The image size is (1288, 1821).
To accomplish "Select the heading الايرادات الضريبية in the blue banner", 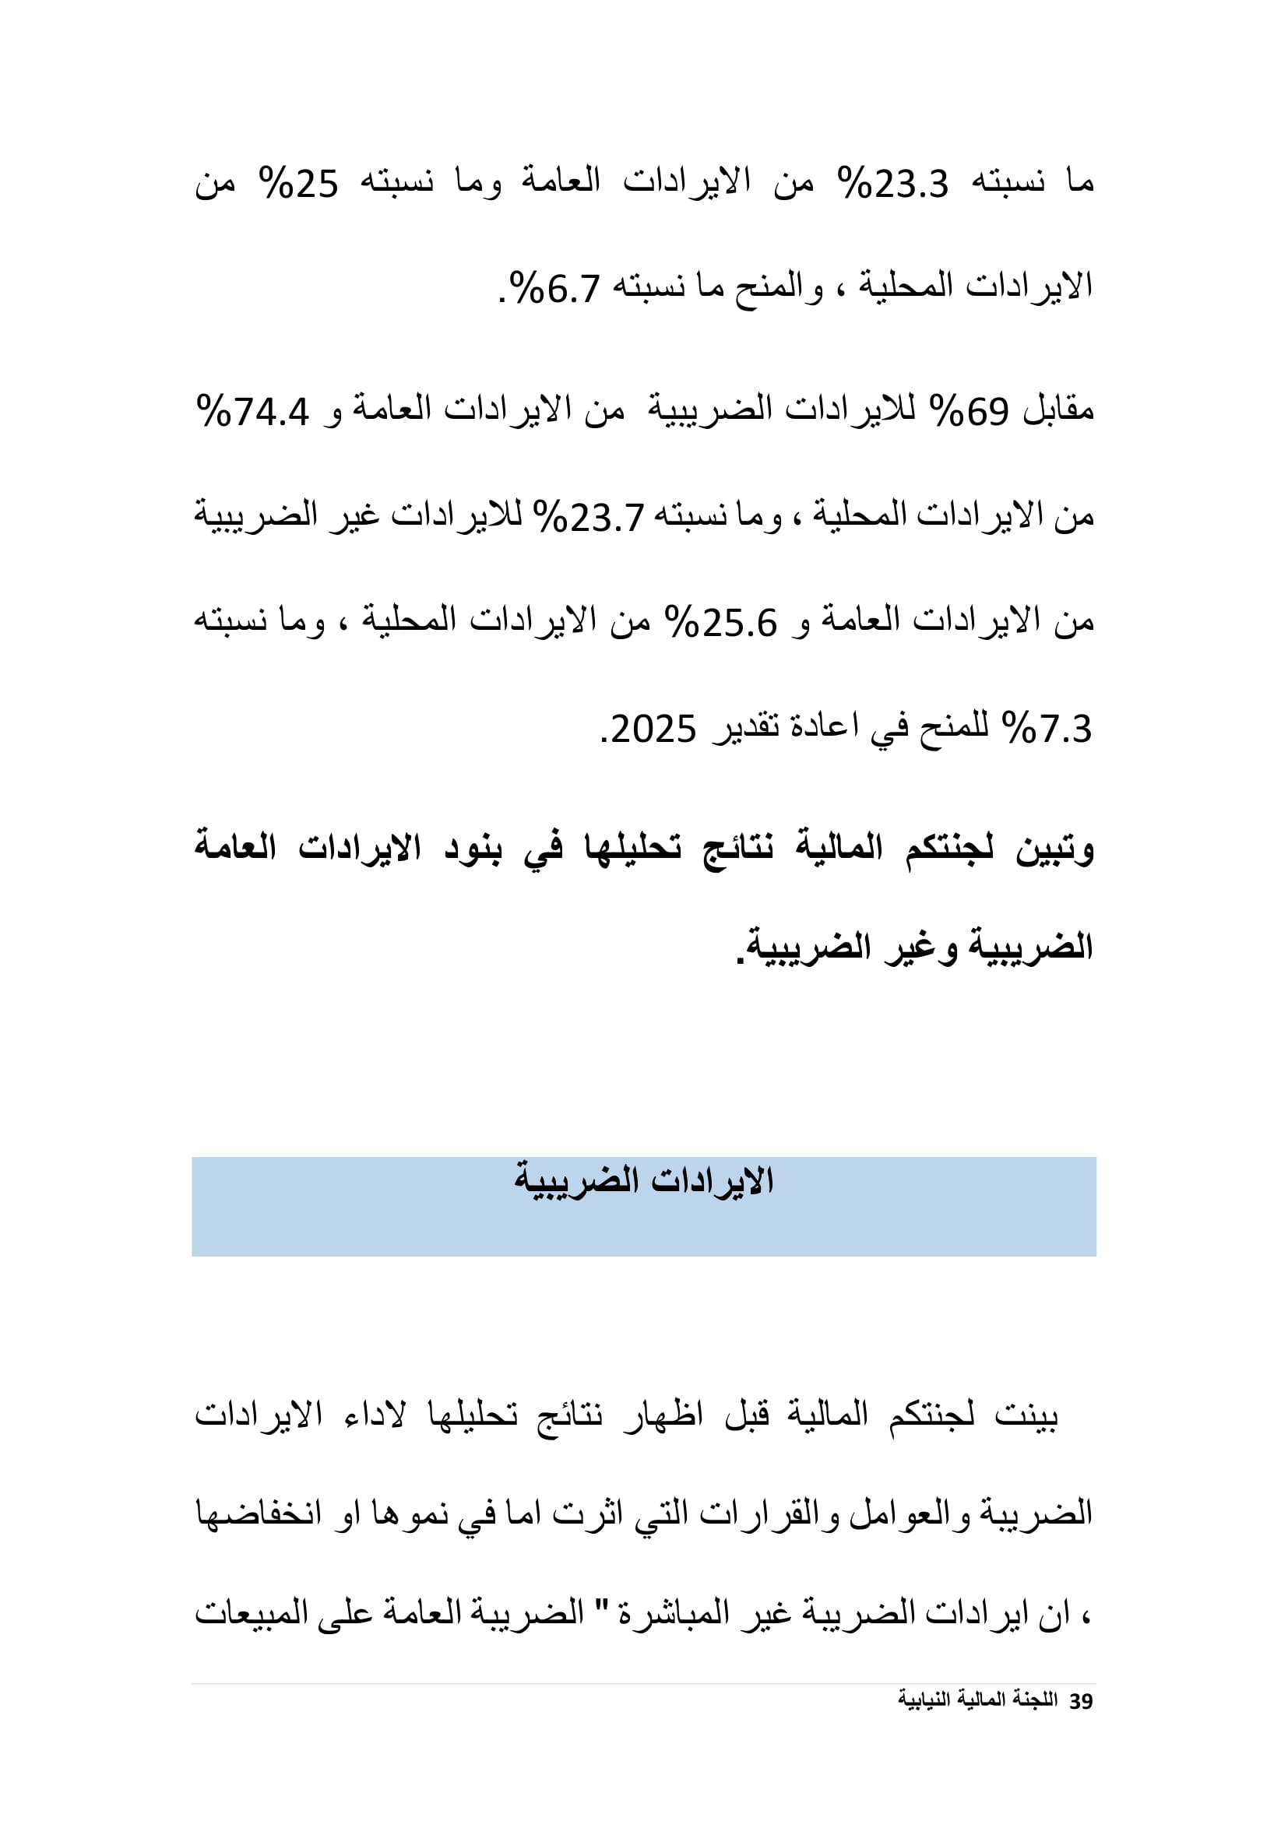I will (643, 1181).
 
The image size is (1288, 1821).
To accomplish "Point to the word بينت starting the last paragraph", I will (1026, 1415).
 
